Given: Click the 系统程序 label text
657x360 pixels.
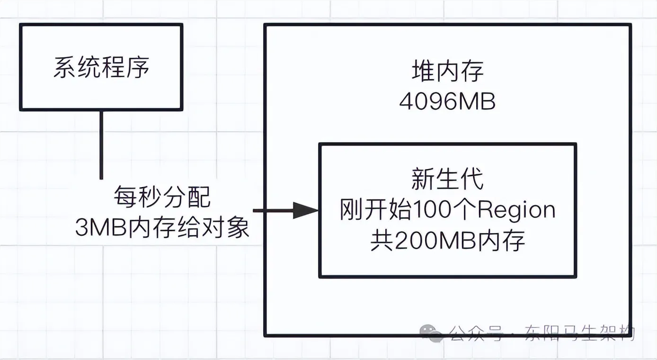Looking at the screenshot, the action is (101, 68).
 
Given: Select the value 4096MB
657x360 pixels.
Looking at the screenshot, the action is (447, 101).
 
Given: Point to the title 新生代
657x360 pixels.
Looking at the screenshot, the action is (447, 180).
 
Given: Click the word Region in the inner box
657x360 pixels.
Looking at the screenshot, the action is (516, 210).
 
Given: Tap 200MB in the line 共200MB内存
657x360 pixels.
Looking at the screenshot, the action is (435, 241).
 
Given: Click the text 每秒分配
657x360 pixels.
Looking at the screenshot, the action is (162, 197).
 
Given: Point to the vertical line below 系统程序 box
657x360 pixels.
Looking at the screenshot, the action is (101, 144).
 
